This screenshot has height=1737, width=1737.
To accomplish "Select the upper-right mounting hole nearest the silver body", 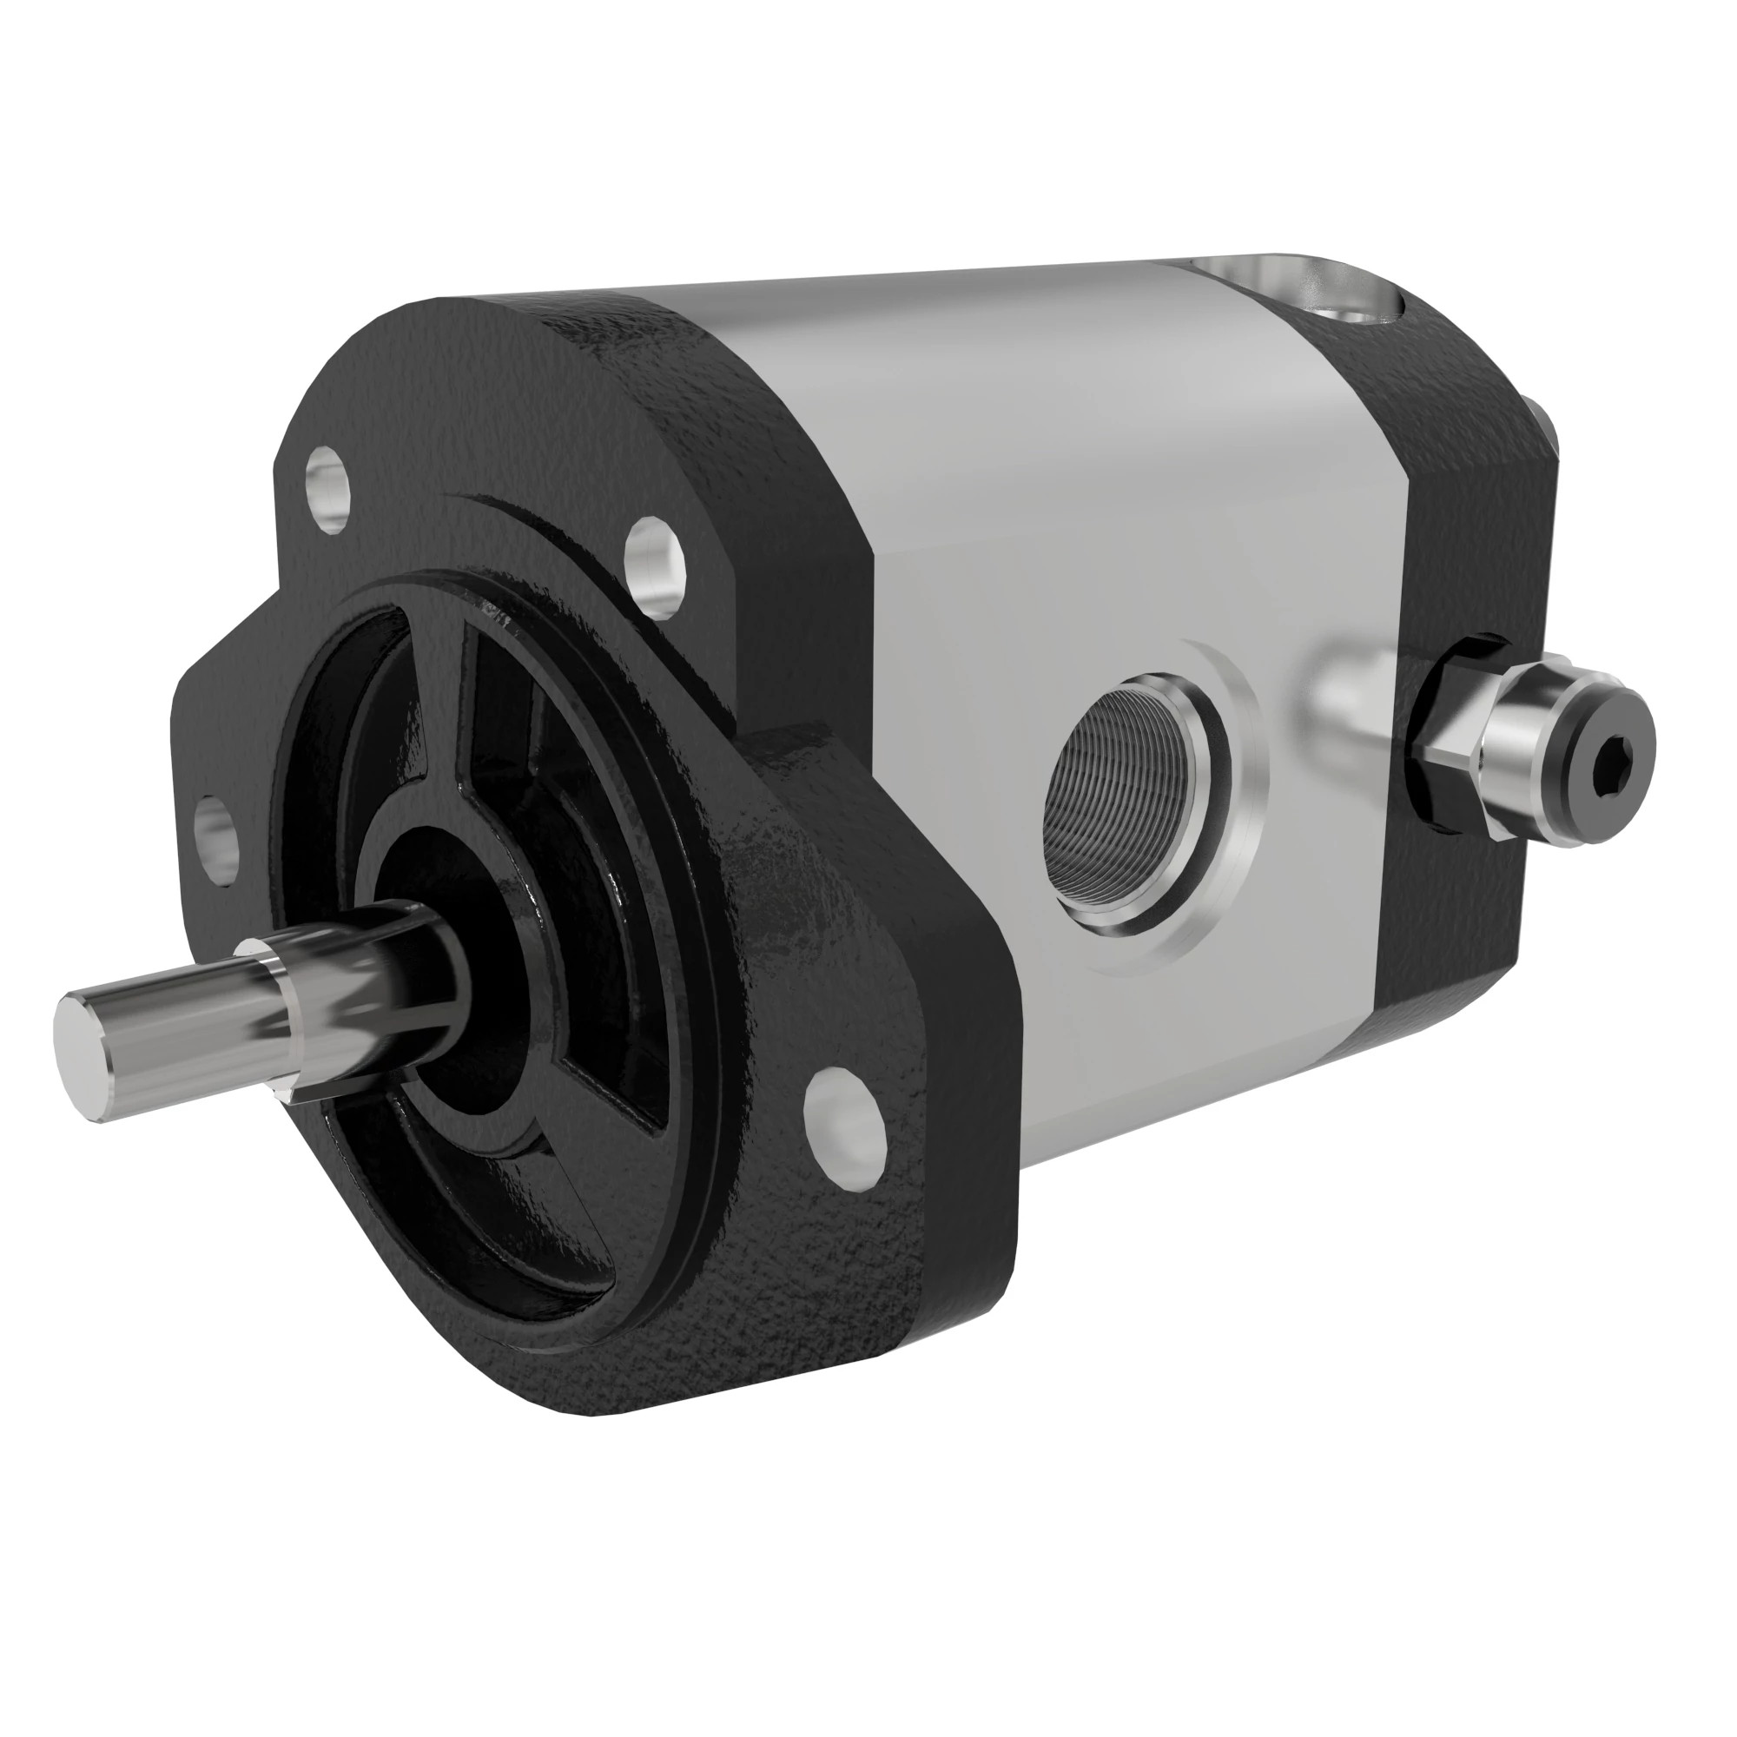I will tap(655, 565).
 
